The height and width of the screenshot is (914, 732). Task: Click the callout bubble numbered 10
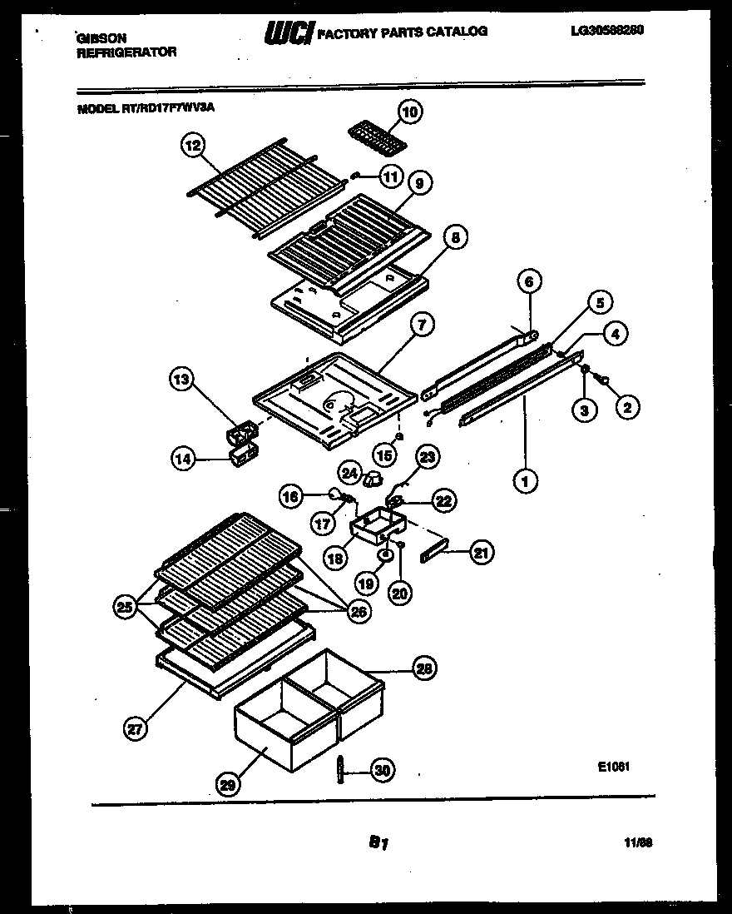point(409,111)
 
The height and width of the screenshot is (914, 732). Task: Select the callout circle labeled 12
point(192,147)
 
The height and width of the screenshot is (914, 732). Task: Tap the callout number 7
point(421,325)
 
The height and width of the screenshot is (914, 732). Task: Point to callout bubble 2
point(627,406)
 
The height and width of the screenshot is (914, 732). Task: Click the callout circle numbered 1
point(525,479)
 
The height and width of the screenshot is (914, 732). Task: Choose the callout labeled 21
point(482,551)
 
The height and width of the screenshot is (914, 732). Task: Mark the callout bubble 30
point(382,771)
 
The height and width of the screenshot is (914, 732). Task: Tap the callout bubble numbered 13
point(181,380)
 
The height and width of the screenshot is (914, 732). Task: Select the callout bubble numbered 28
point(424,668)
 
